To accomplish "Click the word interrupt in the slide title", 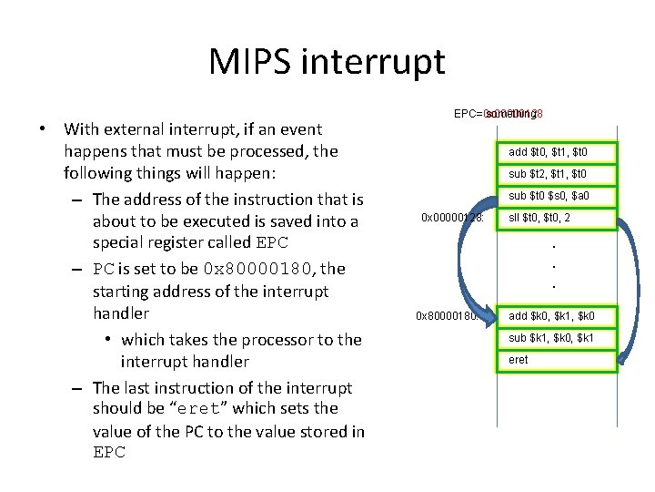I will coord(385,62).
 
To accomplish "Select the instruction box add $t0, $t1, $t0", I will coord(555,152).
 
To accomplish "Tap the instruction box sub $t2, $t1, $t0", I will coord(555,174).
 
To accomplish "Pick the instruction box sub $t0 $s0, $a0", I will coord(555,196).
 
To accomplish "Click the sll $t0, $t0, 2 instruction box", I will coord(555,219).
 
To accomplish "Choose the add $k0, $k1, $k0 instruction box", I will coord(555,315).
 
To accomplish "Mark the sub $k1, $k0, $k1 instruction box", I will coord(555,338).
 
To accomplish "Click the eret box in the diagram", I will coord(555,360).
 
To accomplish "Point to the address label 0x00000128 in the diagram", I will coord(456,219).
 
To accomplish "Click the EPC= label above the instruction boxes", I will coord(469,114).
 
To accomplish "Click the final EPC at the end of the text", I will coord(108,453).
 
